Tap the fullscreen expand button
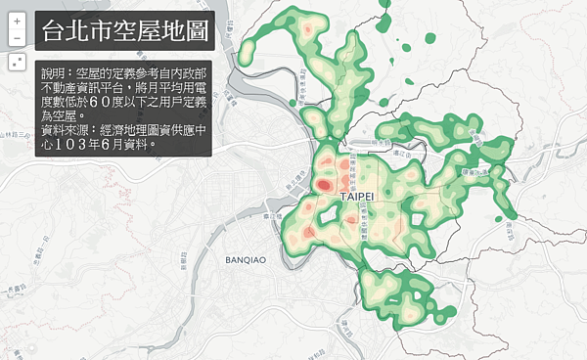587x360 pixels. pos(17,62)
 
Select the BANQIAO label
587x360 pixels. pos(246,261)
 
